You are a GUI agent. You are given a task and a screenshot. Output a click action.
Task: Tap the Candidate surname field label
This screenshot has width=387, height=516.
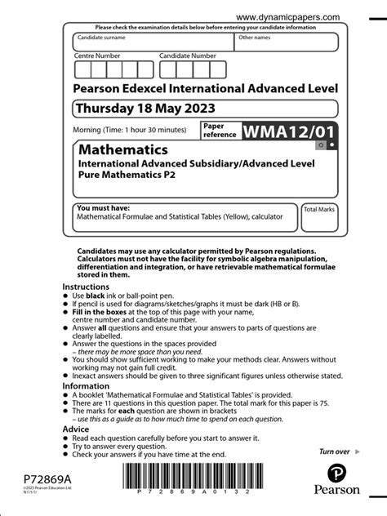(x=102, y=38)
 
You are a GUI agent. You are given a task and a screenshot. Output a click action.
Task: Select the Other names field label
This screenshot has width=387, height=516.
(x=255, y=38)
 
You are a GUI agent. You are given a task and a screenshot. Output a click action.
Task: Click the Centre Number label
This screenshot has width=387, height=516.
(x=97, y=56)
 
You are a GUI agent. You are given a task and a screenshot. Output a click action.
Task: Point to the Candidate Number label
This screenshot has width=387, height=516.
(x=188, y=56)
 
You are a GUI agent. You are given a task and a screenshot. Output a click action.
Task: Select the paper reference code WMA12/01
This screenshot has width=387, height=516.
(x=287, y=131)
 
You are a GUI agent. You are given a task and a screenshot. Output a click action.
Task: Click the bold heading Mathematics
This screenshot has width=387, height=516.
(x=123, y=150)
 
